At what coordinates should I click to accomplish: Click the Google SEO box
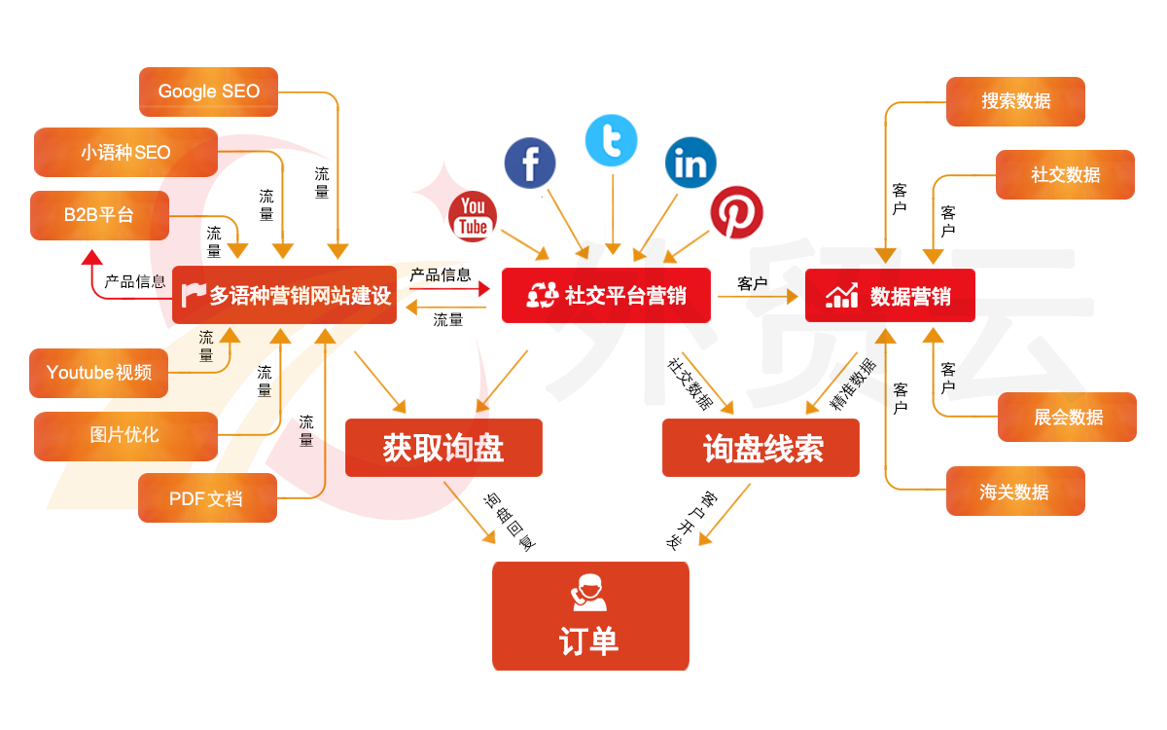coord(209,91)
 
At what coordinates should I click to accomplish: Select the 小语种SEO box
coord(125,153)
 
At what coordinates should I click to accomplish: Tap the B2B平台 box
coord(99,215)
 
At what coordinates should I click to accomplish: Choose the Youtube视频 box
coord(98,373)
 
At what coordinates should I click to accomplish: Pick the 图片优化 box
coord(125,435)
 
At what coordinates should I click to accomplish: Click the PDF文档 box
coord(207,498)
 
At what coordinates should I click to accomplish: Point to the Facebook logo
coord(530,163)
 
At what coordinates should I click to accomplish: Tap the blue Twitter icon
coord(612,141)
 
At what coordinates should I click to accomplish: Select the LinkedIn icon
coord(690,164)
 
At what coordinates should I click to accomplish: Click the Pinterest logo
coord(736,212)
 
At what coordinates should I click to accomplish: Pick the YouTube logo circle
coord(474,216)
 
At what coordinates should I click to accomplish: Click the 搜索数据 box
coord(1015,101)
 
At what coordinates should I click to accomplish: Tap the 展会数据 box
coord(1067,417)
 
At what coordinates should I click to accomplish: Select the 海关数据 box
coord(1015,492)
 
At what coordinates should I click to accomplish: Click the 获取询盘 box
coord(443,448)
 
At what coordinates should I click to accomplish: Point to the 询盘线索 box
coord(760,448)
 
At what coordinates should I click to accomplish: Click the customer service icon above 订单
coord(588,593)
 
